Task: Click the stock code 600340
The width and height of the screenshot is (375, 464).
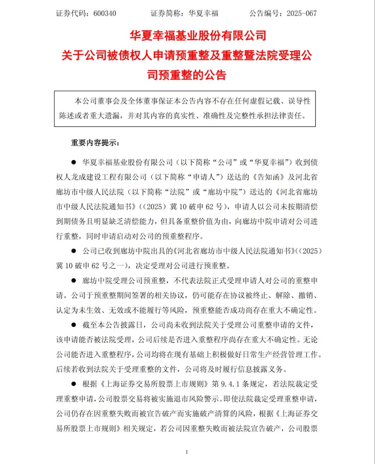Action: (x=105, y=14)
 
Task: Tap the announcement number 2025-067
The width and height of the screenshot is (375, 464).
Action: (x=301, y=14)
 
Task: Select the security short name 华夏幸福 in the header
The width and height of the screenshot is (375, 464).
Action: (x=203, y=14)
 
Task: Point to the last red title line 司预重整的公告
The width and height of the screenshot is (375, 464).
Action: (x=187, y=75)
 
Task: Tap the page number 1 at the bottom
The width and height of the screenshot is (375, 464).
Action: (x=187, y=452)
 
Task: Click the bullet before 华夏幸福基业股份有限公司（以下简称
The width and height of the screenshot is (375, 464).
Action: (x=73, y=162)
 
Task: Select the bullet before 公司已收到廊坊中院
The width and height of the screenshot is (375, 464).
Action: (x=73, y=251)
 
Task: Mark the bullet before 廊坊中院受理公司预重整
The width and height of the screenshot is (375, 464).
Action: (x=73, y=280)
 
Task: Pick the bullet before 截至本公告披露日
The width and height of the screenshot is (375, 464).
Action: (x=73, y=325)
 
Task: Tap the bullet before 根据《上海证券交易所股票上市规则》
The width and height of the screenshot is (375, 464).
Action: (x=73, y=384)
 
